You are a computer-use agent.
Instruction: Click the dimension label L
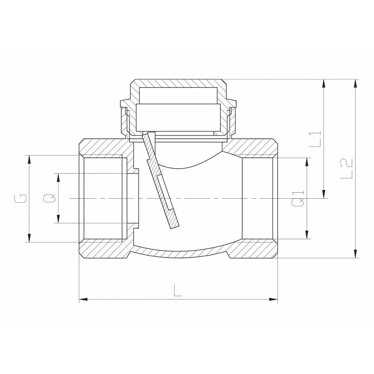click(178, 290)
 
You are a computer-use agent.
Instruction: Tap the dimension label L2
click(347, 168)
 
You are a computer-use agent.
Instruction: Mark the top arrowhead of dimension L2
click(355, 83)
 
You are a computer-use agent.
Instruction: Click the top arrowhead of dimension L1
click(324, 83)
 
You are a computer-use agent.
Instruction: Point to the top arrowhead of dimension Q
click(58, 177)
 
